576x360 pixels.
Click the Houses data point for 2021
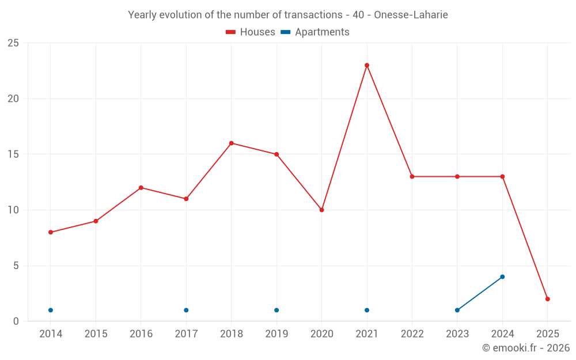(367, 65)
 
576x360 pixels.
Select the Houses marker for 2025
(548, 299)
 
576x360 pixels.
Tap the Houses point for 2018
(231, 143)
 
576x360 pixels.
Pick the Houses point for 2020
(321, 210)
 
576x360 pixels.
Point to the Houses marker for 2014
(51, 232)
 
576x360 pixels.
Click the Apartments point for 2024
(502, 276)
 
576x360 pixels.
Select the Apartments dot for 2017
(186, 310)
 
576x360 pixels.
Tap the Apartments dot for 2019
(276, 310)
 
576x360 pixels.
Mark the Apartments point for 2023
(457, 310)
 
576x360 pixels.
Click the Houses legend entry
(251, 32)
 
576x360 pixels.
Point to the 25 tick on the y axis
(13, 43)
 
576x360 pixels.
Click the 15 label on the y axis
(13, 154)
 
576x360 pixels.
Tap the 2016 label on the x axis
(141, 334)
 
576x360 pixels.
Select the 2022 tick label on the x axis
(412, 334)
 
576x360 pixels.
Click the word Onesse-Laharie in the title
(411, 15)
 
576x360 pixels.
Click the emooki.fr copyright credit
(526, 348)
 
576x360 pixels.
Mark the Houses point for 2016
(141, 188)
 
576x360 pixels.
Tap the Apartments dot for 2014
(51, 310)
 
